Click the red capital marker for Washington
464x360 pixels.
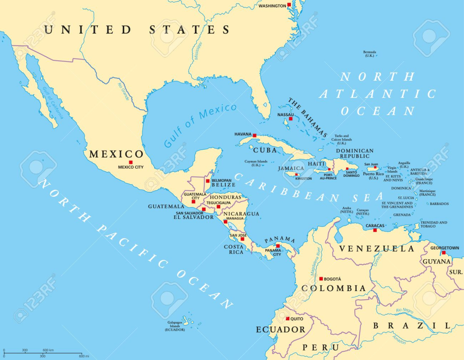click(x=289, y=5)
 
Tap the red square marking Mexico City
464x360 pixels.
click(x=130, y=162)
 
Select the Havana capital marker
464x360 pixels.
click(x=255, y=135)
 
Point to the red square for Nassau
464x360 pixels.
click(x=290, y=119)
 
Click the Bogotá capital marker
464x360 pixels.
click(x=321, y=279)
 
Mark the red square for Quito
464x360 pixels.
click(x=286, y=319)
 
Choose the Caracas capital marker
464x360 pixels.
click(x=375, y=230)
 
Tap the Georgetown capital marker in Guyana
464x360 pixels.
click(x=444, y=253)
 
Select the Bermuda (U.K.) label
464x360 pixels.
click(x=369, y=54)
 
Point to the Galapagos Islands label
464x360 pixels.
click(x=174, y=326)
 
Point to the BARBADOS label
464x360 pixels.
click(x=439, y=204)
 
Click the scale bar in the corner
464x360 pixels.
click(x=43, y=352)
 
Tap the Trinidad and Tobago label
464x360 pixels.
click(x=434, y=224)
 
